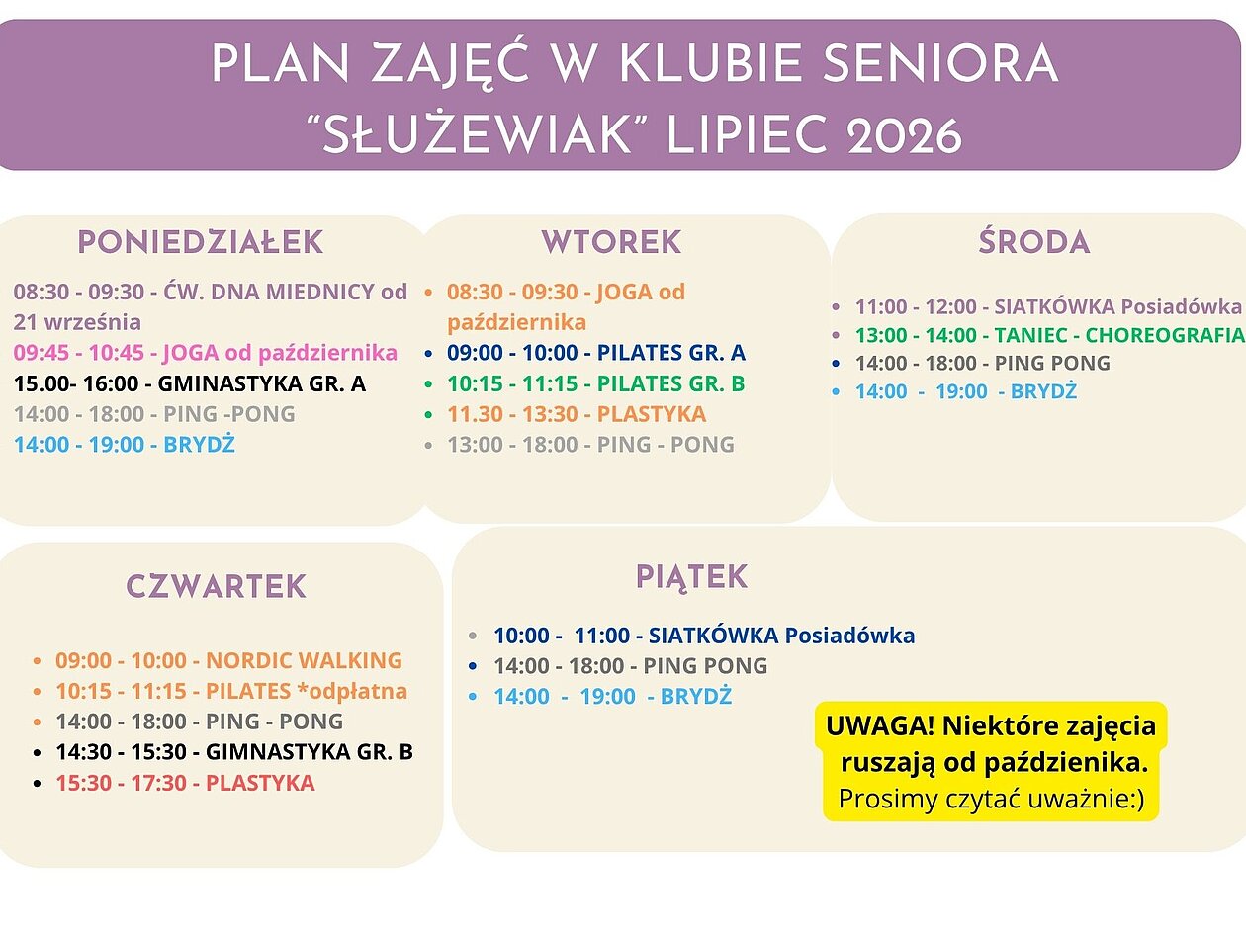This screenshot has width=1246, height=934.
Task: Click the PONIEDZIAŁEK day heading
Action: pos(201,242)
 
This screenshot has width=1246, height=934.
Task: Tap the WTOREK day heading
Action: pos(611,242)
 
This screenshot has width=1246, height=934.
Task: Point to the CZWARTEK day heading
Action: pos(216,586)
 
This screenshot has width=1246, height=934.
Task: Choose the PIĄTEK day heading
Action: pos(691,578)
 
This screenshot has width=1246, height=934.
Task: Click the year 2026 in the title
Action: pos(904,136)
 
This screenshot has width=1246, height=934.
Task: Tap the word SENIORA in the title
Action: pos(939,63)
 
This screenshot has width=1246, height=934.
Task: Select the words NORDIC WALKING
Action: pos(304,660)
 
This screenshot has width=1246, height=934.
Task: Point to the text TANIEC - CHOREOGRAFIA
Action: pos(1119,335)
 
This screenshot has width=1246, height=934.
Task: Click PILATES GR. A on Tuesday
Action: pos(671,353)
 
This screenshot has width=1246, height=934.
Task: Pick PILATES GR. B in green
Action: pos(671,383)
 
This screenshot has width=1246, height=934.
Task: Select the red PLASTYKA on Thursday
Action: pos(260,783)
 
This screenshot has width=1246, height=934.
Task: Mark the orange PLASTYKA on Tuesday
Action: pos(652,414)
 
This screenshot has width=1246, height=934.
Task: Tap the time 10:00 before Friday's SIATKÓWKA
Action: pos(522,636)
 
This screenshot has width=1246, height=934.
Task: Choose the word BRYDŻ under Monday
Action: pos(199,444)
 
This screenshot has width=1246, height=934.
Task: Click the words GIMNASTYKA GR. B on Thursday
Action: pos(310,752)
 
